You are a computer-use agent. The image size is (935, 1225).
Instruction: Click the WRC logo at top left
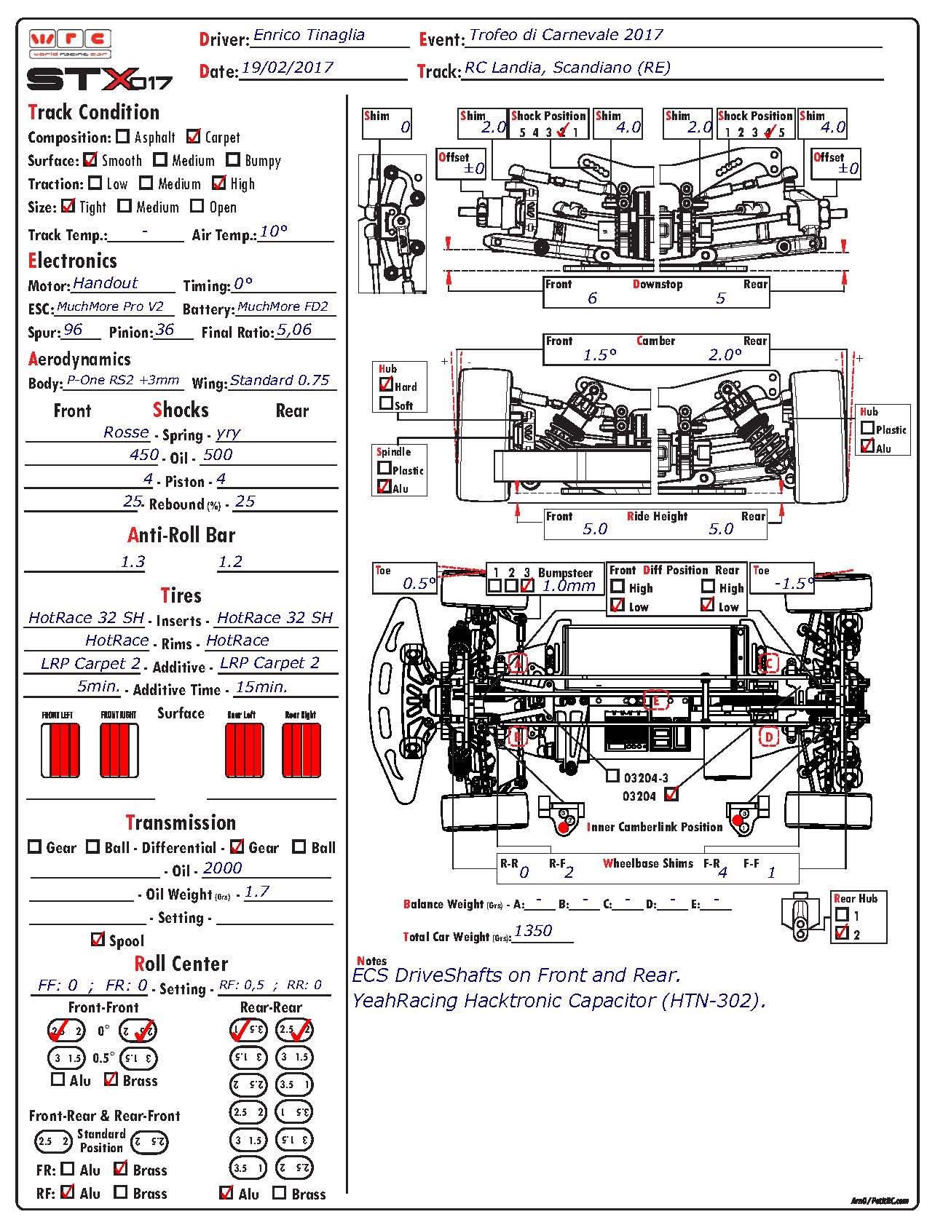click(x=70, y=42)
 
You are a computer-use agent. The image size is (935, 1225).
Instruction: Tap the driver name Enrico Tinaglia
click(x=309, y=35)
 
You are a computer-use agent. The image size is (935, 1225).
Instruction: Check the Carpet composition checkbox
click(x=194, y=136)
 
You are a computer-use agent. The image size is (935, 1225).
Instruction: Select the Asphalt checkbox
click(x=123, y=136)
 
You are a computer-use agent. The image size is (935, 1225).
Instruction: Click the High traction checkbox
click(x=219, y=183)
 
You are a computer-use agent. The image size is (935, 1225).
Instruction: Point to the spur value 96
click(x=73, y=330)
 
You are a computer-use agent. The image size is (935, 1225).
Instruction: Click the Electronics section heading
click(x=72, y=261)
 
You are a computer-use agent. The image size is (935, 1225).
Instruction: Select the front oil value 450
click(x=144, y=455)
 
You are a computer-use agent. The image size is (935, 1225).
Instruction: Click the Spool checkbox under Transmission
click(x=98, y=940)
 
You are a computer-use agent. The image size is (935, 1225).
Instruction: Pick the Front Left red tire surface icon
click(x=60, y=750)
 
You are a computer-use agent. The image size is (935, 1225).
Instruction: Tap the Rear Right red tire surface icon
click(x=301, y=750)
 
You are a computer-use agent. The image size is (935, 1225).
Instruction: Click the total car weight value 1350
click(x=533, y=931)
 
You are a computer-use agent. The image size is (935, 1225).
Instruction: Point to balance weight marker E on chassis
click(x=656, y=701)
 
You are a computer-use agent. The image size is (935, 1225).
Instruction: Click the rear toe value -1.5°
click(x=794, y=584)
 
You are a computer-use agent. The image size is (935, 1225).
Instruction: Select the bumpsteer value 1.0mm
click(x=569, y=585)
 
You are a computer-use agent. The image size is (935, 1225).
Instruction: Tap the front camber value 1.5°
click(x=600, y=355)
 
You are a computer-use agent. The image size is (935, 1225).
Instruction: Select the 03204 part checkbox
click(x=671, y=794)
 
